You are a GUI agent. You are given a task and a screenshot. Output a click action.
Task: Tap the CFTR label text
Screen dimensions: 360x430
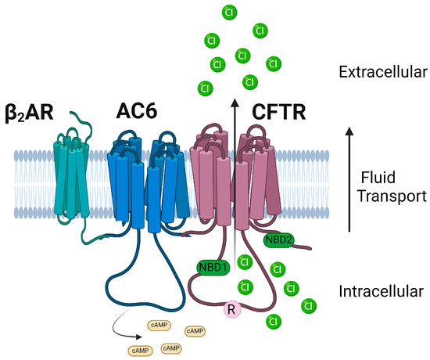tap(278, 112)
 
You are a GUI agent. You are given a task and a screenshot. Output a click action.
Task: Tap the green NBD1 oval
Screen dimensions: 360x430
tap(213, 267)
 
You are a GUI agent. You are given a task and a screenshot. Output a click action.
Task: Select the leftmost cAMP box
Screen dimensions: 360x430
tap(142, 350)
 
